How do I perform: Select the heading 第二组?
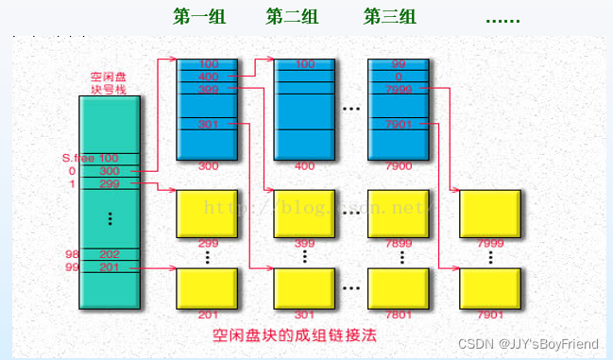(293, 17)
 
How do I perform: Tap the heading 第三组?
(390, 17)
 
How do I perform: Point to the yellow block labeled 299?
(208, 213)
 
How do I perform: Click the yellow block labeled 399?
(304, 213)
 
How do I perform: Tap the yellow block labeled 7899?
(399, 213)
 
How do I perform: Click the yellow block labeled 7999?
(490, 213)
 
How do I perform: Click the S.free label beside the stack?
(77, 158)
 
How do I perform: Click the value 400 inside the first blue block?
(208, 76)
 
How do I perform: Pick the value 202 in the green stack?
(110, 254)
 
